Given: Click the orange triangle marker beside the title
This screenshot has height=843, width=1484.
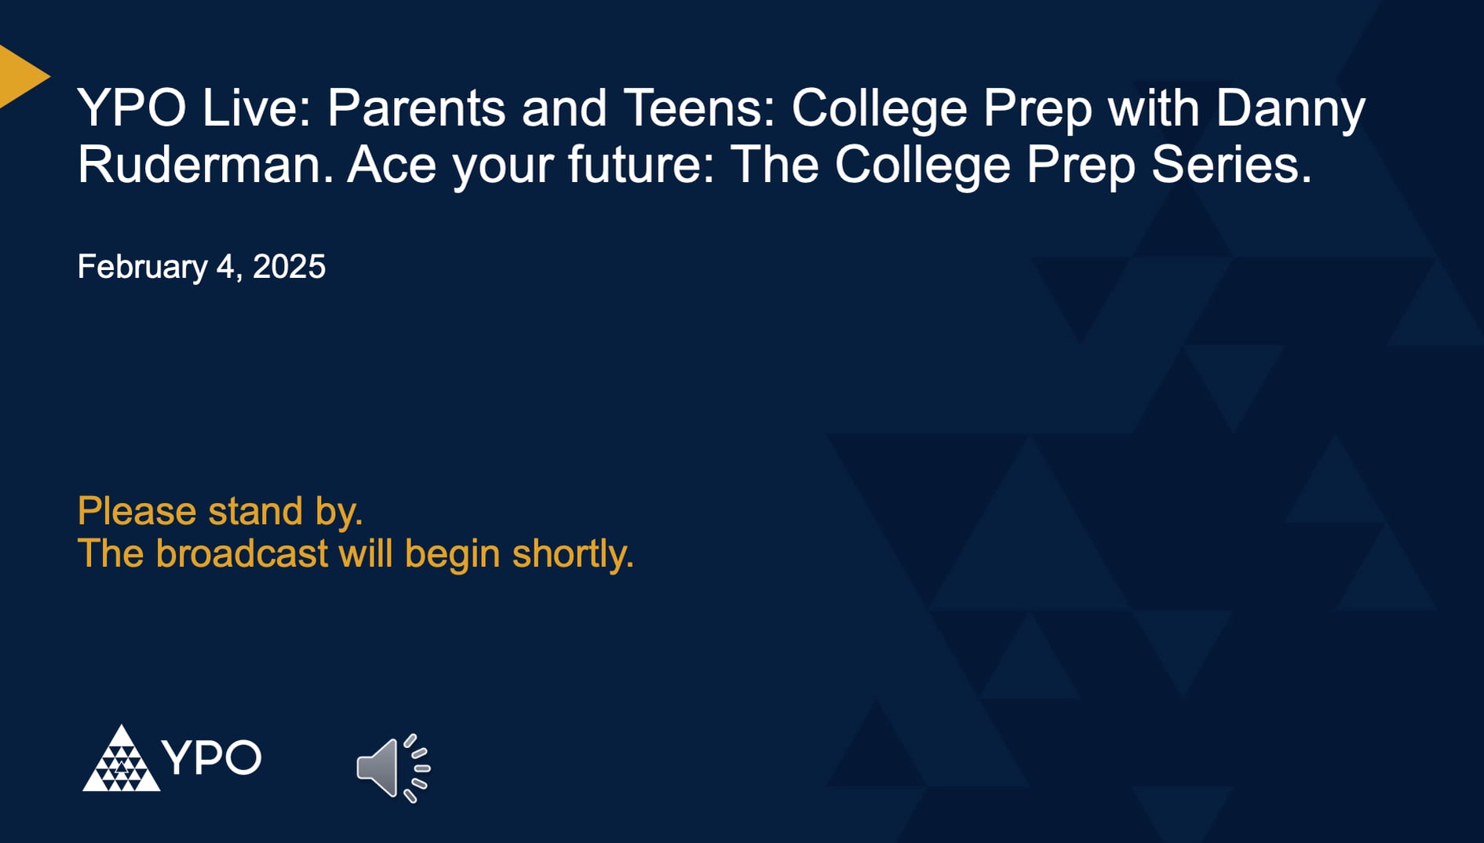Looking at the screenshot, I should pyautogui.click(x=19, y=76).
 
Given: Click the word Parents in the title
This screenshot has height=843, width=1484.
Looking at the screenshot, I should pyautogui.click(x=416, y=108).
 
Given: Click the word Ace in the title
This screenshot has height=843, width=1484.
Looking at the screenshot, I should pyautogui.click(x=391, y=166).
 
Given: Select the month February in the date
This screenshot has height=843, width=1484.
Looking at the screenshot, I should pyautogui.click(x=142, y=268).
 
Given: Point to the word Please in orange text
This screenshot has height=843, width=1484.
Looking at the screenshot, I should pyautogui.click(x=137, y=512).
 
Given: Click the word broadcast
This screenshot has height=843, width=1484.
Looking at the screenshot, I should pyautogui.click(x=241, y=554).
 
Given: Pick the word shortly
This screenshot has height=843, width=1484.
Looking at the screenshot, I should pyautogui.click(x=572, y=554).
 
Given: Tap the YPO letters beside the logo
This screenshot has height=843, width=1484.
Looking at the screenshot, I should pyautogui.click(x=211, y=758).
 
